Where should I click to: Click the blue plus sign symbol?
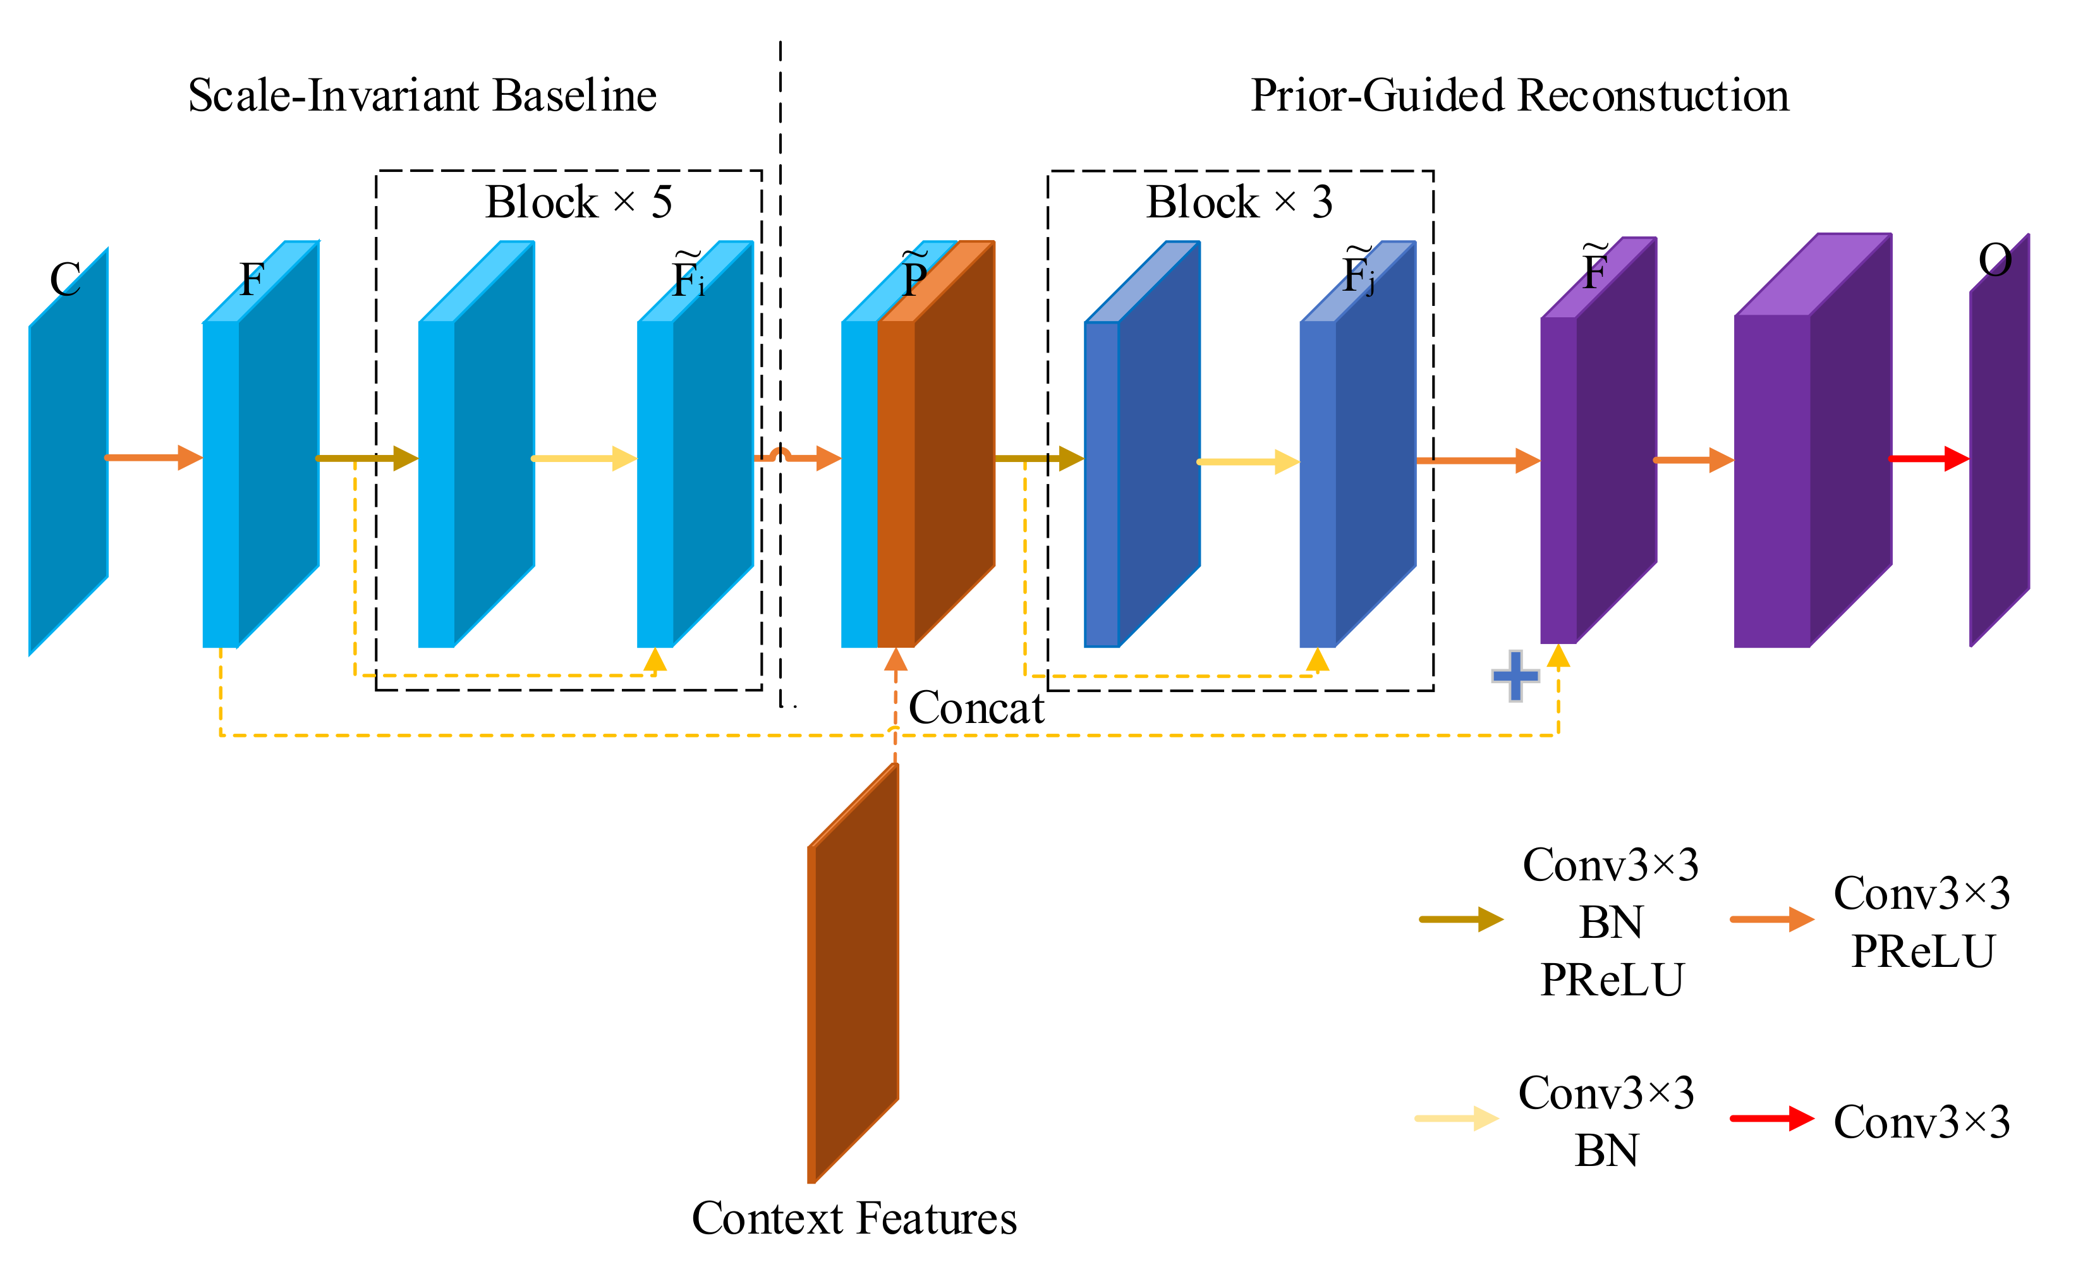(x=1515, y=676)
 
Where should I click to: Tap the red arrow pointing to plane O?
(x=1928, y=459)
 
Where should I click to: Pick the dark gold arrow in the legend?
(x=1461, y=919)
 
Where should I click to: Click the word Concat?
(x=976, y=708)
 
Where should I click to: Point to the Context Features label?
(x=854, y=1218)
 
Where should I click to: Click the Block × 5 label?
(x=578, y=202)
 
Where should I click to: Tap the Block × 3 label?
(x=1239, y=202)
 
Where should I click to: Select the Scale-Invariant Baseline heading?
(x=422, y=95)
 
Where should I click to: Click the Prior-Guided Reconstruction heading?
(x=1519, y=95)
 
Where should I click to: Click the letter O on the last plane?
(x=1995, y=260)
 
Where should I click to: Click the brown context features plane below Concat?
(x=854, y=972)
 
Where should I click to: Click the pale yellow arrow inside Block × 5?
(x=584, y=458)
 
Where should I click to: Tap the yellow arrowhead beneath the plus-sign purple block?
(x=1558, y=656)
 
